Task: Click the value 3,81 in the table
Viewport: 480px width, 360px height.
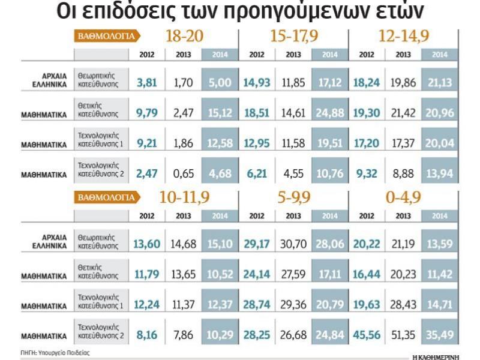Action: point(146,82)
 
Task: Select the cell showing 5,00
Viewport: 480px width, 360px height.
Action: point(220,82)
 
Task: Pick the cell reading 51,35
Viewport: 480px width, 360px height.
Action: point(403,335)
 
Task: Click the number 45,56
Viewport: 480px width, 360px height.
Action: point(366,335)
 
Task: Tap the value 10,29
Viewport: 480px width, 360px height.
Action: point(220,335)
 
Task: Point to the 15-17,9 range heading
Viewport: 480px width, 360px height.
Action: point(294,37)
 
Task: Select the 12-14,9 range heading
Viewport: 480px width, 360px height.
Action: point(404,37)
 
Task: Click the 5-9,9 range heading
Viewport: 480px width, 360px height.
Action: point(294,197)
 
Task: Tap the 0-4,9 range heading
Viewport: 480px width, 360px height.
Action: point(404,197)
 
